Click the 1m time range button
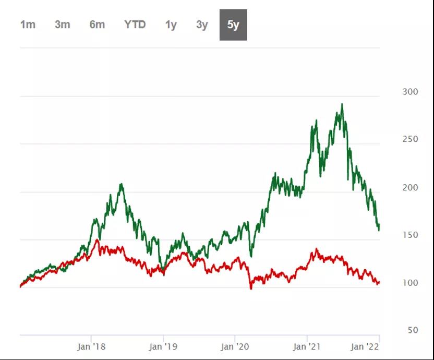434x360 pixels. click(28, 25)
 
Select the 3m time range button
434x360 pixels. click(62, 25)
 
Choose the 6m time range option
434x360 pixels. click(97, 25)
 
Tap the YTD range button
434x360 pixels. click(135, 25)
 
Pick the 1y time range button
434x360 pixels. click(171, 25)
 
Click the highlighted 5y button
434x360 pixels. click(233, 25)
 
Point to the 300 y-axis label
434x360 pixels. click(411, 92)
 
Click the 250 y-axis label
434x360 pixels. click(411, 139)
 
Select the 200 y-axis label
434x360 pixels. click(411, 187)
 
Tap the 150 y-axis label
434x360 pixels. click(411, 235)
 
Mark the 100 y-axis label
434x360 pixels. click(411, 283)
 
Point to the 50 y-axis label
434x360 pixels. click(413, 330)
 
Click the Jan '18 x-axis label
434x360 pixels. click(91, 346)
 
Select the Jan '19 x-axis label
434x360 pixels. click(163, 346)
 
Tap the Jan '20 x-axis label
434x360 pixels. click(235, 346)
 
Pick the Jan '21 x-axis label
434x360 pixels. click(307, 346)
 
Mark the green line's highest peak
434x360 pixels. click(342, 104)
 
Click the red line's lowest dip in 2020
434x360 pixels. click(251, 288)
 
